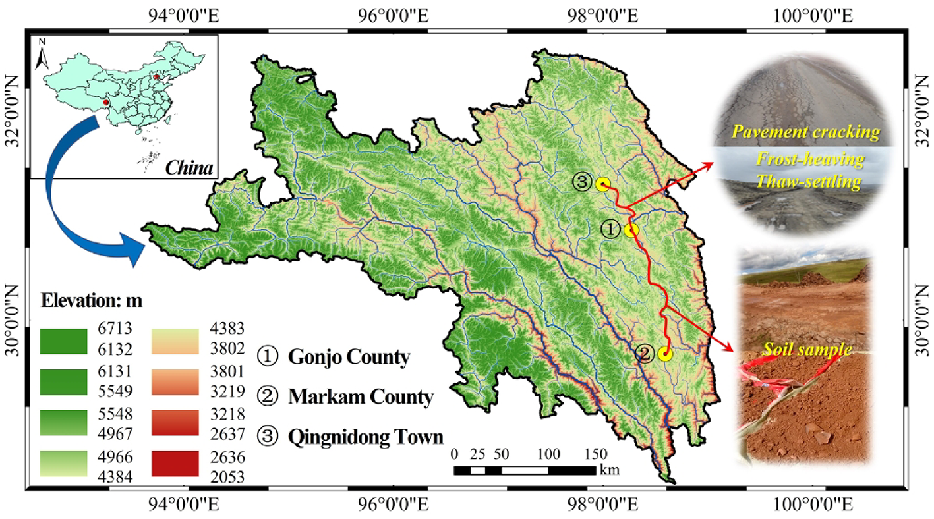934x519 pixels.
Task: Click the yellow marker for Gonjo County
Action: (x=631, y=230)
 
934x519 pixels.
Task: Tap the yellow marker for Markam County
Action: (x=664, y=354)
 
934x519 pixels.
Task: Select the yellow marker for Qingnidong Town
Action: (x=602, y=184)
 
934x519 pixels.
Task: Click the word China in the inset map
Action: (x=190, y=167)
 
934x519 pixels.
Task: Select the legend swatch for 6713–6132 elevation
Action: (x=63, y=341)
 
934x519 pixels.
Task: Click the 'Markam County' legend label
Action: (x=361, y=397)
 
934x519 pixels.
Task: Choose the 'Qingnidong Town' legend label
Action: (x=365, y=437)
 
